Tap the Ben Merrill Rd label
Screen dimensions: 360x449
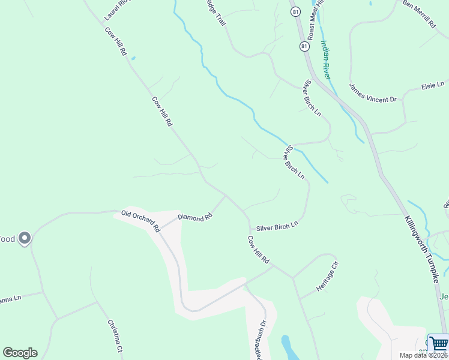(418, 14)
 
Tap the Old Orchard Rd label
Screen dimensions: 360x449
(140, 220)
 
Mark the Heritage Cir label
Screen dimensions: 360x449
(328, 275)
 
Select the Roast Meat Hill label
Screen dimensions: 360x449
(315, 18)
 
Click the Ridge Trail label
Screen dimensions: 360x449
(215, 12)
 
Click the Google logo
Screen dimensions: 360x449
(20, 353)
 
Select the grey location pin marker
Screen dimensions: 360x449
(25, 238)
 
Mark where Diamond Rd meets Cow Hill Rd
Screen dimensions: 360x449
(226, 195)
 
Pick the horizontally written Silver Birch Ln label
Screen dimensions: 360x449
(277, 227)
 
